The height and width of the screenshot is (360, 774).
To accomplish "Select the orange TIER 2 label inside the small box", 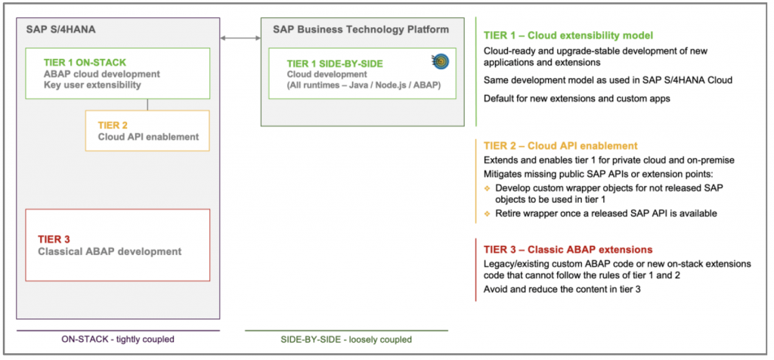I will coord(113,125).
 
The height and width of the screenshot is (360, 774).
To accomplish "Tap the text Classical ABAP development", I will coord(110,251).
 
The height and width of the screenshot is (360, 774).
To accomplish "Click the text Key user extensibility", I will coord(92,86).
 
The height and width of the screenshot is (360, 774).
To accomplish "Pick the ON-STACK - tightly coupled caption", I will coord(117,340).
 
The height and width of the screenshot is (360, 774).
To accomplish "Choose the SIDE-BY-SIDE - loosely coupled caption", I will coord(345,340).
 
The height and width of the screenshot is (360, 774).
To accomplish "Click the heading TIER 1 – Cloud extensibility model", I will coord(568,36).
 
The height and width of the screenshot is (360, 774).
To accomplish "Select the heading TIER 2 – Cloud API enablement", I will coord(560,145).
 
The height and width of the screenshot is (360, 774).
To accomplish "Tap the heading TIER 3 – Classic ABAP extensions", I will coord(568,249).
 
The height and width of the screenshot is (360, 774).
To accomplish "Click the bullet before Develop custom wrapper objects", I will coord(488,186).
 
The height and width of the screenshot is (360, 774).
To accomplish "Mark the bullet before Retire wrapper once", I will coord(488,213).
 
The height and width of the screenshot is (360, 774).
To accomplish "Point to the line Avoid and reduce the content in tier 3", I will coord(562,290).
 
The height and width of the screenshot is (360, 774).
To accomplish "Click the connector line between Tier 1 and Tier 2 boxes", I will coord(147,104).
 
